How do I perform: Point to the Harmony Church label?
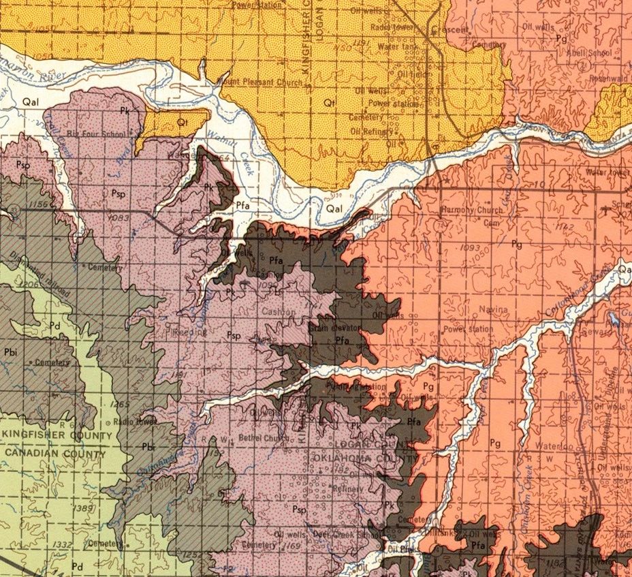(x=472, y=210)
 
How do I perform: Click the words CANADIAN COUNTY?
(x=54, y=452)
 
